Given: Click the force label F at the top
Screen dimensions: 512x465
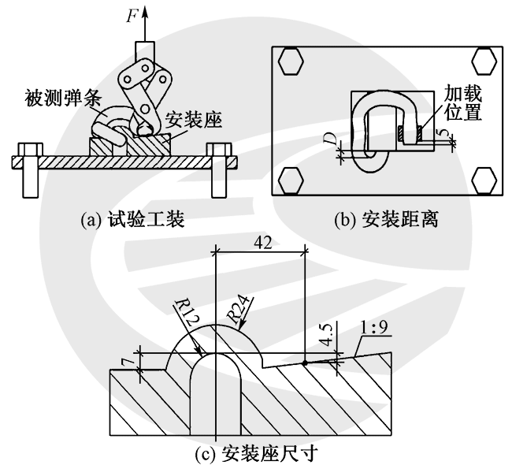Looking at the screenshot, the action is pyautogui.click(x=132, y=15).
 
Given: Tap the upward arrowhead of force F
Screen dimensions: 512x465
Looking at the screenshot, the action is pyautogui.click(x=145, y=13).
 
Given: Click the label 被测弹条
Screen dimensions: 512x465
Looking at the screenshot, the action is pyautogui.click(x=63, y=98).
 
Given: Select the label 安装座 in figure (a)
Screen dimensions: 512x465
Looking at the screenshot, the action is pyautogui.click(x=193, y=120).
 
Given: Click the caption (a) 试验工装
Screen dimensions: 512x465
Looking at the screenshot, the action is pyautogui.click(x=132, y=219).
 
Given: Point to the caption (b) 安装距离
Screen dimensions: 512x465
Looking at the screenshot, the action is pyautogui.click(x=386, y=219).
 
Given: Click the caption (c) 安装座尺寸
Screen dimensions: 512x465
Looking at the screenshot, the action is pyautogui.click(x=256, y=453).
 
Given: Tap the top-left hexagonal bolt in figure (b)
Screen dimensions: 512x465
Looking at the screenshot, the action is pyautogui.click(x=291, y=61).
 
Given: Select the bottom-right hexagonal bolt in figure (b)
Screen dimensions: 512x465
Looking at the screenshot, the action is pyautogui.click(x=484, y=180).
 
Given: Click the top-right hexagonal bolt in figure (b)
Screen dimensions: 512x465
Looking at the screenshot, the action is pyautogui.click(x=484, y=61).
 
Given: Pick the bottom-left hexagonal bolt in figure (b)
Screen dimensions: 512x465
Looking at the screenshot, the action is pyautogui.click(x=291, y=180).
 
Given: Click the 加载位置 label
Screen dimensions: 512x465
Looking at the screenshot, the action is pyautogui.click(x=463, y=102).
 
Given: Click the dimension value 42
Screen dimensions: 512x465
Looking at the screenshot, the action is pyautogui.click(x=262, y=243).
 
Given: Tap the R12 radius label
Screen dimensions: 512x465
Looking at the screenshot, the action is pyautogui.click(x=187, y=314).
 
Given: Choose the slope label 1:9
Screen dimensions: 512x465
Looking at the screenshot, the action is pyautogui.click(x=373, y=327).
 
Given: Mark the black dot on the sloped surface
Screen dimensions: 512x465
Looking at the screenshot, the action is pyautogui.click(x=305, y=363).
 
